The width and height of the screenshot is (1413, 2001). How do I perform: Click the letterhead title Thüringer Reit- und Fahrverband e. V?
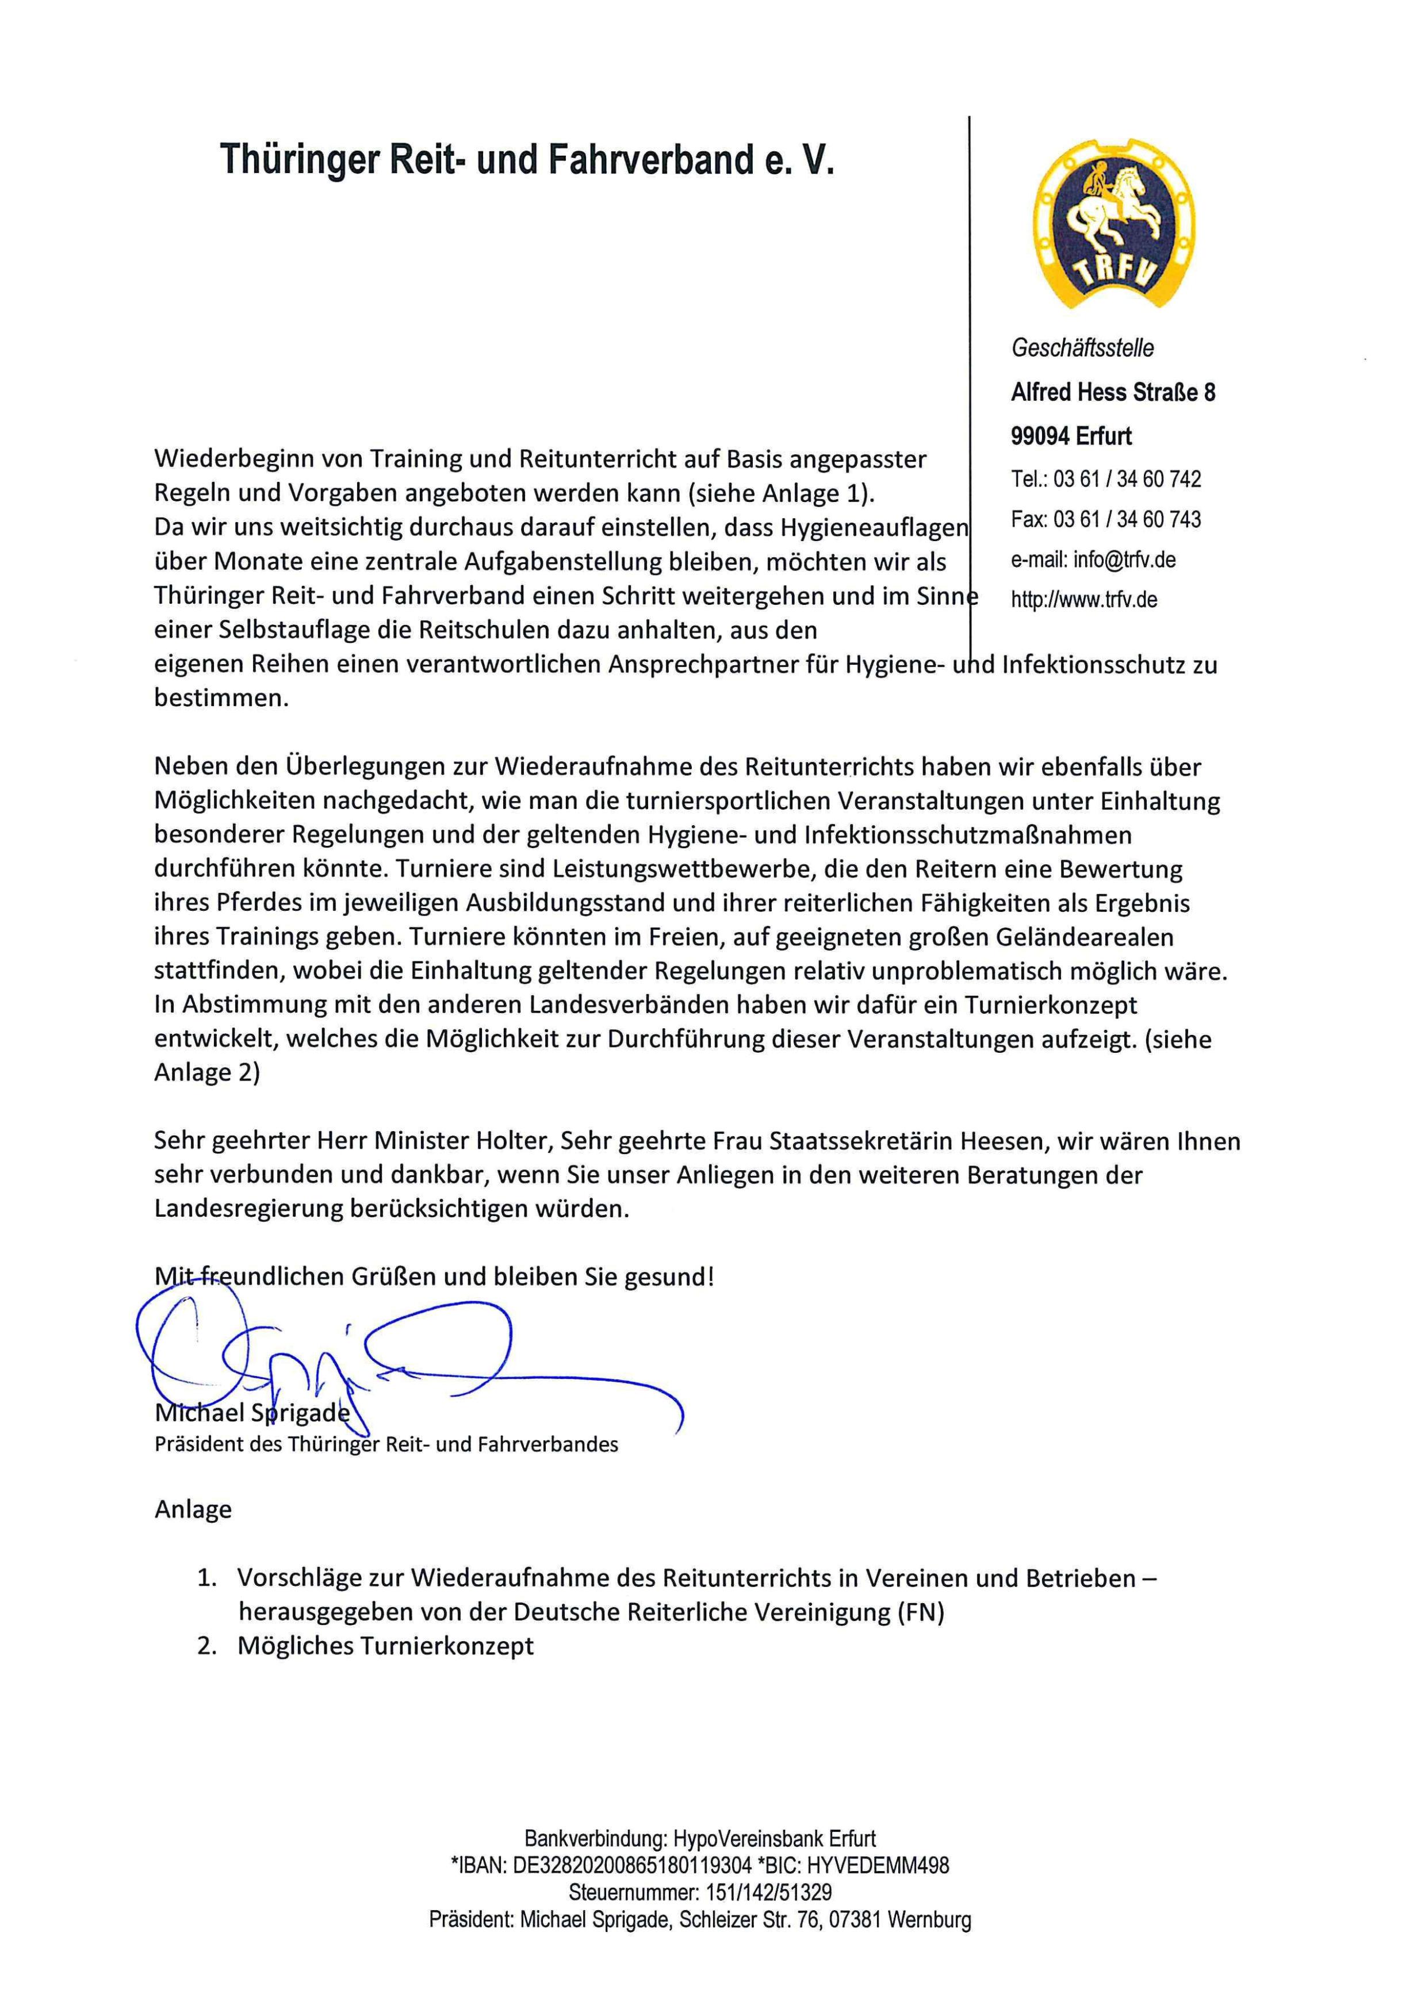[x=527, y=159]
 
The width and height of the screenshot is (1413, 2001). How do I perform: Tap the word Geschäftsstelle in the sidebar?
[x=1082, y=348]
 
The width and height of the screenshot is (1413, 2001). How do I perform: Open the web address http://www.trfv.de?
[x=1083, y=600]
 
